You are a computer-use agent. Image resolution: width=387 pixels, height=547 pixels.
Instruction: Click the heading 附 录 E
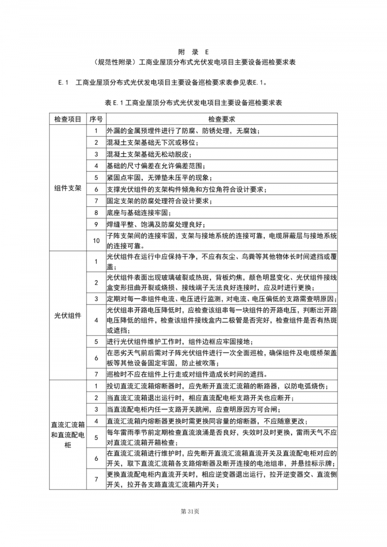[x=193, y=51]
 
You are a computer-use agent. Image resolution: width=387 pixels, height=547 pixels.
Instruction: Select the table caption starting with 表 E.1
[x=193, y=103]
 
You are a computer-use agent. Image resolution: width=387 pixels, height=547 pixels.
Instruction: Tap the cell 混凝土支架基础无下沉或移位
[x=149, y=142]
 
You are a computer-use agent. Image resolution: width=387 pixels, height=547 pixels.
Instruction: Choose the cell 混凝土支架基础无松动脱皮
[x=149, y=154]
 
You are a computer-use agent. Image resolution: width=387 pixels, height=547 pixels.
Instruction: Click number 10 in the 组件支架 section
[x=96, y=241]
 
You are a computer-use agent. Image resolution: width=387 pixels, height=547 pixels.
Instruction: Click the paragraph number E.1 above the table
[x=64, y=82]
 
